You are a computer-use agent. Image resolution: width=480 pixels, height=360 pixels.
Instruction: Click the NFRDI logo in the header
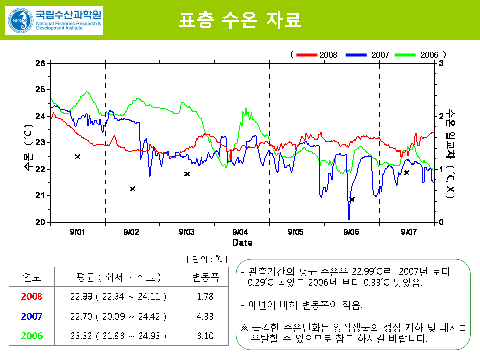point(54,20)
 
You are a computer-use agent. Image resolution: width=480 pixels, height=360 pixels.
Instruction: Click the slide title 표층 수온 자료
point(240,20)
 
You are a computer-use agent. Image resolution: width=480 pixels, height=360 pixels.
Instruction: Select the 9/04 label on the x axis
point(241,232)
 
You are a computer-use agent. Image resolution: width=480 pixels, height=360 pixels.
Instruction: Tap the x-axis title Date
point(242,243)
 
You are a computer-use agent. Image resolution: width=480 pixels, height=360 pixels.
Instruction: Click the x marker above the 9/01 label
point(77,157)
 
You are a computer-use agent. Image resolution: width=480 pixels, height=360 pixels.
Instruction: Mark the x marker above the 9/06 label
point(352,199)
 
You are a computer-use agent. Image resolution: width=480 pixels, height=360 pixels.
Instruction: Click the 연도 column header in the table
point(32,277)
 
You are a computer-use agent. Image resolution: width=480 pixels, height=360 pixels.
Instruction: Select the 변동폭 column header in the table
point(205,277)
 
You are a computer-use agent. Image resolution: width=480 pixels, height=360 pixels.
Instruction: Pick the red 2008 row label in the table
point(32,296)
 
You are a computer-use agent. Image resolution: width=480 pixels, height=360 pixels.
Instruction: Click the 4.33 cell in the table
point(205,316)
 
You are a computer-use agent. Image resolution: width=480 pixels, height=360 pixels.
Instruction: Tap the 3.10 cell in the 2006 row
point(205,336)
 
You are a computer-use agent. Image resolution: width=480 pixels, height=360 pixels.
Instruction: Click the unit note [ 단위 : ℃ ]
point(207,259)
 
